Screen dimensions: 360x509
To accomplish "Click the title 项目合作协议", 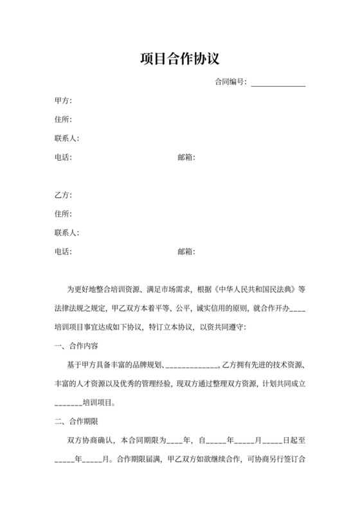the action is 180,59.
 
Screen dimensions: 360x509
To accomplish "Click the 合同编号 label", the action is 230,82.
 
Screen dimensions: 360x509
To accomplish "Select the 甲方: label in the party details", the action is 63,101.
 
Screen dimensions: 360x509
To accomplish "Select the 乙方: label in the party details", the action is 63,195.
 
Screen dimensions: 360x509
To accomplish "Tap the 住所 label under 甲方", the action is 63,120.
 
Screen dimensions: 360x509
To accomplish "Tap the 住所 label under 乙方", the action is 63,213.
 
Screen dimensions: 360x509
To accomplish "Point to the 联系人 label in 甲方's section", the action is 67,138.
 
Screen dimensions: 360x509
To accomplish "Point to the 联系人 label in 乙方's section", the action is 67,232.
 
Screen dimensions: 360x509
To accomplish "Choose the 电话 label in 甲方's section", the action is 63,157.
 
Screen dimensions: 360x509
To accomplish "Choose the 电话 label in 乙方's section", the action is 63,251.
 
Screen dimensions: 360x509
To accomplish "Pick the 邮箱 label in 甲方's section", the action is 186,157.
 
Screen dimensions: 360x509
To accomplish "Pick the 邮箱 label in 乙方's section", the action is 186,251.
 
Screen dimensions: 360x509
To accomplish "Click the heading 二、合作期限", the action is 76,422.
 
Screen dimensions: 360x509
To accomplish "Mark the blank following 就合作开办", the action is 298,310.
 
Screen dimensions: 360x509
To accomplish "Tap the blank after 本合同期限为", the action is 174,442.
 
